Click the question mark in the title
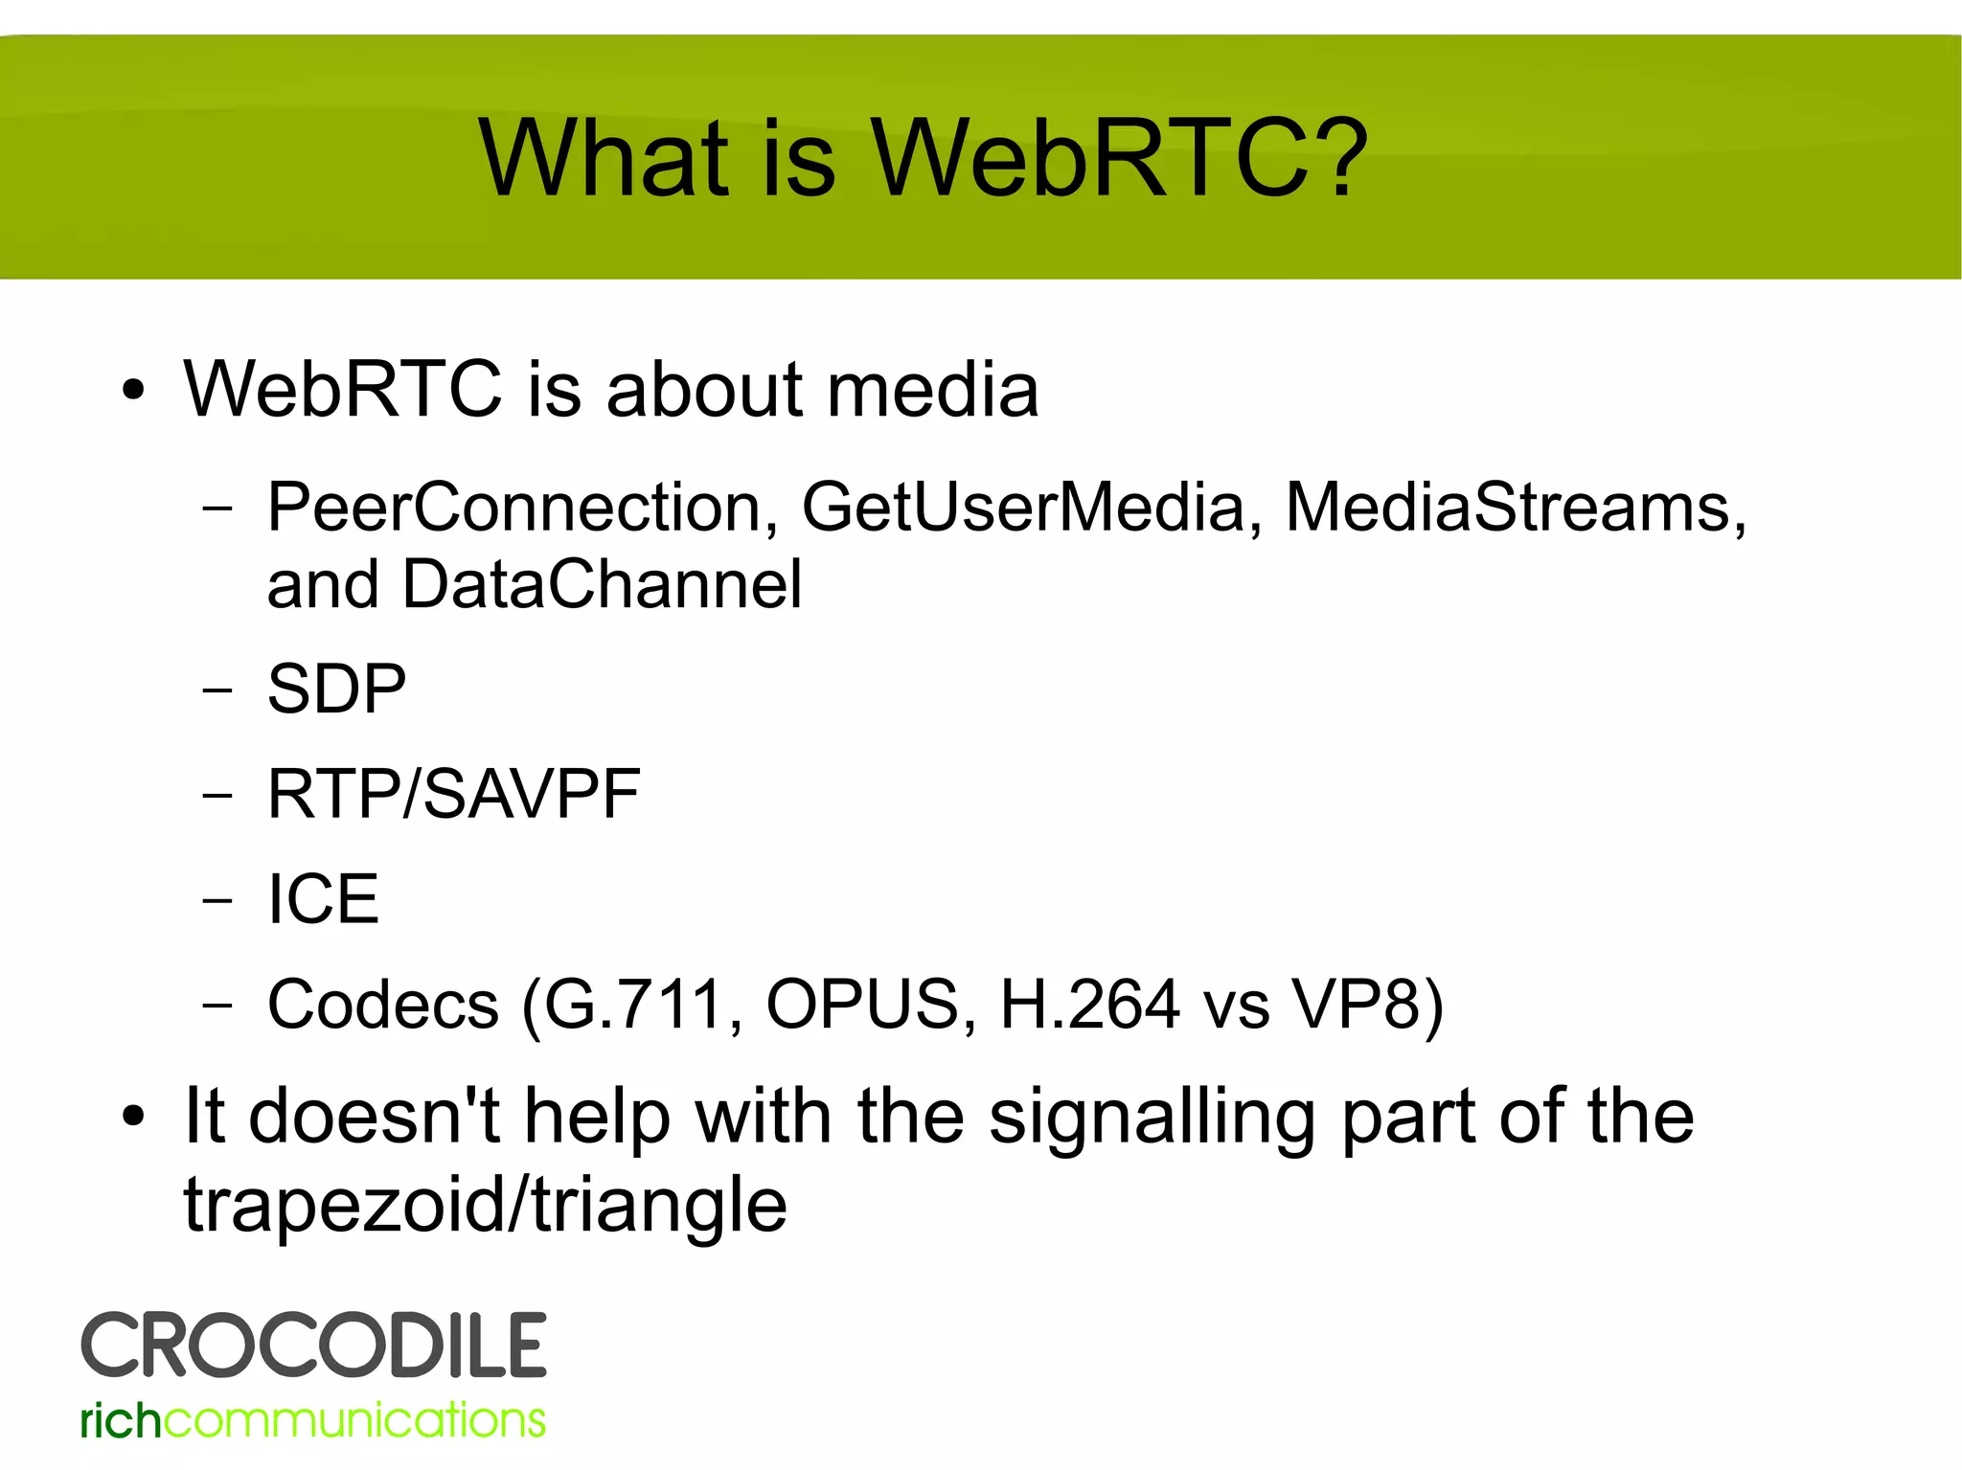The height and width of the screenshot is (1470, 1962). [1333, 158]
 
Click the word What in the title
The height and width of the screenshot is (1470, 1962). [605, 158]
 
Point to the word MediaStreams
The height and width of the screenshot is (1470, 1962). [1514, 507]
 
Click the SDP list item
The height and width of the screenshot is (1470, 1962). [336, 689]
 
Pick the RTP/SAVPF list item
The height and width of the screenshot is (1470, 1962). [453, 794]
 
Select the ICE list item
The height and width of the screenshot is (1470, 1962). [323, 899]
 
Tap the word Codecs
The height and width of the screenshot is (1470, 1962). [383, 1005]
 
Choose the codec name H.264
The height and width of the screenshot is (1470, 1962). [1088, 1005]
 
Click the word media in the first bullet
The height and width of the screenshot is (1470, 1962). [932, 390]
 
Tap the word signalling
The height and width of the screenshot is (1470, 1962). [1152, 1118]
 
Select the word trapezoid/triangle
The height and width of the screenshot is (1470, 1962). [485, 1205]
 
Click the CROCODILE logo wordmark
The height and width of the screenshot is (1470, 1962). [313, 1346]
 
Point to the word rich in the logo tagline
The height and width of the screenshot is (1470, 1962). [120, 1420]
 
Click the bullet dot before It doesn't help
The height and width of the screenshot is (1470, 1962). [133, 1117]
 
